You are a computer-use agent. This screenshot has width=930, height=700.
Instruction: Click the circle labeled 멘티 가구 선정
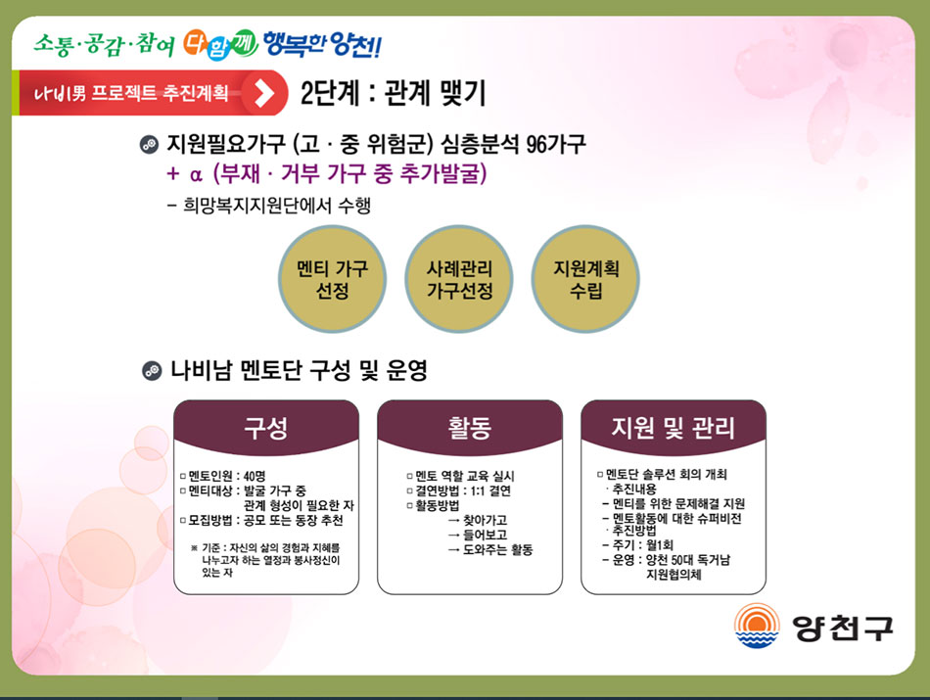click(x=332, y=279)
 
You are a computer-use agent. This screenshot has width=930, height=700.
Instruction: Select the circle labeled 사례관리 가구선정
click(x=459, y=279)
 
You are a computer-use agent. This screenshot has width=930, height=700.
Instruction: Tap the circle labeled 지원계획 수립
click(x=585, y=279)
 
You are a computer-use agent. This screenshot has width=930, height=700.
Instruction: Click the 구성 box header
click(x=266, y=427)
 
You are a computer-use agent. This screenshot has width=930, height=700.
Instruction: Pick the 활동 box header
click(x=470, y=427)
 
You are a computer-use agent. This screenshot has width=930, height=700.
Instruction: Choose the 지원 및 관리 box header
click(x=674, y=427)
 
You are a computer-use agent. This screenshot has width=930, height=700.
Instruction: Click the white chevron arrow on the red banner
click(x=264, y=93)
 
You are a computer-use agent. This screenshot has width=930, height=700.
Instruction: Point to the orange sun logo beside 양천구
click(x=756, y=626)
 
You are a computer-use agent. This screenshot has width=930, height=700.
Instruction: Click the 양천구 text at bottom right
click(x=843, y=628)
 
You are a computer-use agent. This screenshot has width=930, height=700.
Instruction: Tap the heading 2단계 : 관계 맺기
click(x=393, y=93)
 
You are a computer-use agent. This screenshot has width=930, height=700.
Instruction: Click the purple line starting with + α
click(x=327, y=173)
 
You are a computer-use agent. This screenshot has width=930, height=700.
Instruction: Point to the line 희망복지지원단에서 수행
click(x=269, y=206)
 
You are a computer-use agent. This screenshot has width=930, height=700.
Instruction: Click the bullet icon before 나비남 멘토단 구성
click(x=152, y=371)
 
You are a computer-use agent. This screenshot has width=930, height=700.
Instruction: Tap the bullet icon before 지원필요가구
click(x=149, y=144)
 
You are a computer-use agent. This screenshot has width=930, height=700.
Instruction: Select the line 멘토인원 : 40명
click(x=223, y=476)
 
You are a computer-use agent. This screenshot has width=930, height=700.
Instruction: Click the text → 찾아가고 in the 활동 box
click(x=478, y=520)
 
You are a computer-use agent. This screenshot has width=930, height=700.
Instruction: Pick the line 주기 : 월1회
click(x=637, y=544)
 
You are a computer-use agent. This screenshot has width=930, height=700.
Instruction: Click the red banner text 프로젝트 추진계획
click(x=160, y=93)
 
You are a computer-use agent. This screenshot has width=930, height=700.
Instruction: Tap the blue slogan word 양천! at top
click(x=355, y=44)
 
